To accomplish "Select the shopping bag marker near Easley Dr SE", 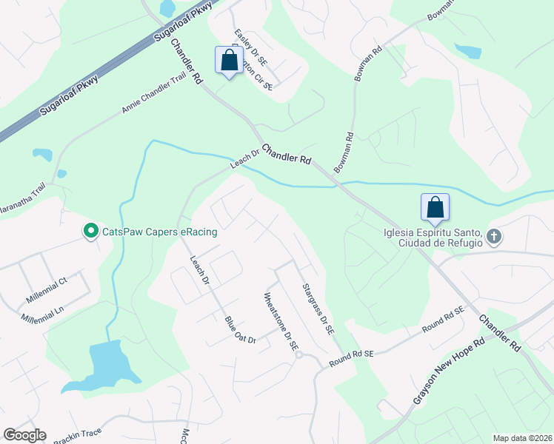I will coord(229,61).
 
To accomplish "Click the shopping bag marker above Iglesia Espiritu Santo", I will coord(435,208).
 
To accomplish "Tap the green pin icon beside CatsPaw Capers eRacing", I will coord(90,232).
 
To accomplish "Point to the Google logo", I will coord(24,435).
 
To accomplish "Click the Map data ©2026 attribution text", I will coord(521,438).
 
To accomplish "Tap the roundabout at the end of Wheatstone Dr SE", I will coord(299,354).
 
